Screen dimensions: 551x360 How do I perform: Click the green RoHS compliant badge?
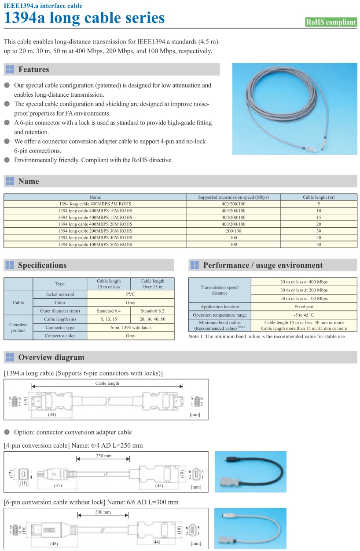click(331, 22)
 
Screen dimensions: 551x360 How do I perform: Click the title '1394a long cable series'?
click(84, 18)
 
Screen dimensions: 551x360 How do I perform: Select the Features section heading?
click(33, 69)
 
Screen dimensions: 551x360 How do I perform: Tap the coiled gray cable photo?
click(294, 109)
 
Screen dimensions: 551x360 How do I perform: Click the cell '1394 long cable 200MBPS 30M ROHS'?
click(95, 231)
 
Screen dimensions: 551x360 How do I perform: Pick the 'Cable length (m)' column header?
click(319, 197)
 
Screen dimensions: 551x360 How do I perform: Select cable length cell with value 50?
click(319, 244)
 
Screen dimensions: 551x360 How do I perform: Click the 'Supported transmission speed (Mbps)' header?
click(233, 197)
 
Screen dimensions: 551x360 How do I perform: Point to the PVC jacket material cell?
click(130, 294)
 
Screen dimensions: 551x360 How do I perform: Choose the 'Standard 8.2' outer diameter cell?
click(152, 311)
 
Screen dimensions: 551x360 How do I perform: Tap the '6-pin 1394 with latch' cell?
click(130, 328)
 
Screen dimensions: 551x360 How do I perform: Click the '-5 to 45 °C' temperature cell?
click(303, 315)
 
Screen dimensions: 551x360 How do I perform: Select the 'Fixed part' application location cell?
click(303, 307)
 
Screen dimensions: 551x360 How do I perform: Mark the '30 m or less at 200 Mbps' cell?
click(303, 290)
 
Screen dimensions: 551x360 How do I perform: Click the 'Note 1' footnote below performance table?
click(267, 336)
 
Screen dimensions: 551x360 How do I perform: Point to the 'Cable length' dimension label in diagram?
click(107, 383)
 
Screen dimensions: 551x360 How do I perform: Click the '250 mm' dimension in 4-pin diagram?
click(103, 456)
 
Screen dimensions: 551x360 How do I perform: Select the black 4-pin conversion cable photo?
click(250, 471)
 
